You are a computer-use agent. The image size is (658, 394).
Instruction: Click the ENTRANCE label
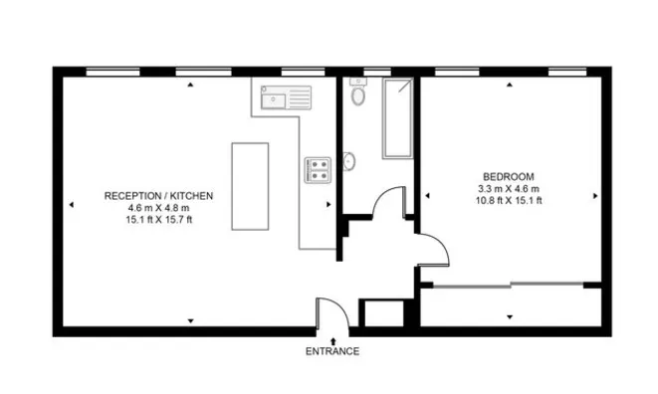point(332,351)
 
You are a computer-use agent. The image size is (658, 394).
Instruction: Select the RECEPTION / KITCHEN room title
point(158,196)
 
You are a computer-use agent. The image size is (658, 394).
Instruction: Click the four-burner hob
point(319,170)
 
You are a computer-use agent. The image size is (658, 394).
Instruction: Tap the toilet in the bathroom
point(359,96)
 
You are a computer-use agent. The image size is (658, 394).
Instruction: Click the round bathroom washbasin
point(349,161)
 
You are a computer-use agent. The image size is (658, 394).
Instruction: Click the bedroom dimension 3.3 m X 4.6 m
point(508,188)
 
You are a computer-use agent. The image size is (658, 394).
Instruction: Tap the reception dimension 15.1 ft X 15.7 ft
point(158,220)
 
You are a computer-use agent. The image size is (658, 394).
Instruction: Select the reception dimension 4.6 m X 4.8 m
point(158,208)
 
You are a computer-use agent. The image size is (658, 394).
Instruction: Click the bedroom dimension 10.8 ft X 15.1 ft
point(508,200)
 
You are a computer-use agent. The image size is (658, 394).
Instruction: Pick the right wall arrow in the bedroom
point(594,195)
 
